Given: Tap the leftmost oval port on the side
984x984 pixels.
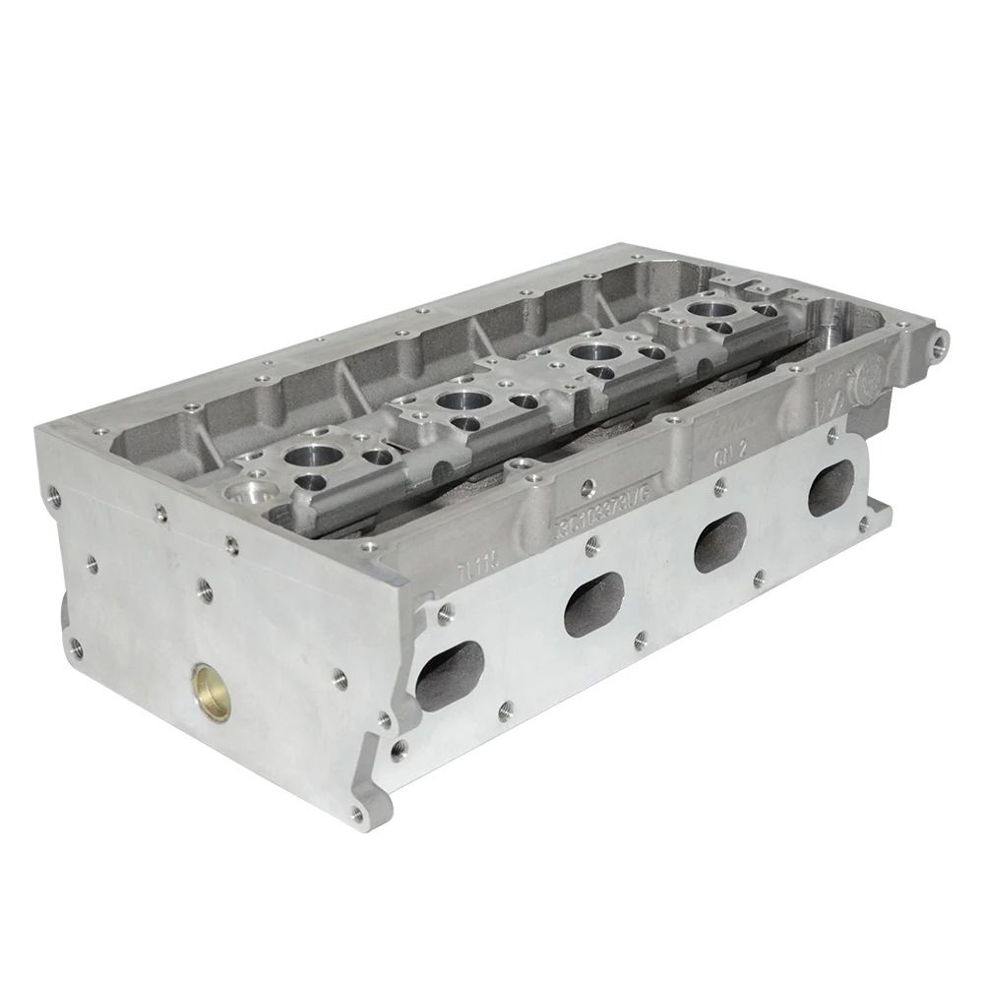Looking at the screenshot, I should [x=450, y=677].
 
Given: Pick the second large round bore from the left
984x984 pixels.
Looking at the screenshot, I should [x=455, y=400].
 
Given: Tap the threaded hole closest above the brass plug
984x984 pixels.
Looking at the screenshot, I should [x=206, y=587].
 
